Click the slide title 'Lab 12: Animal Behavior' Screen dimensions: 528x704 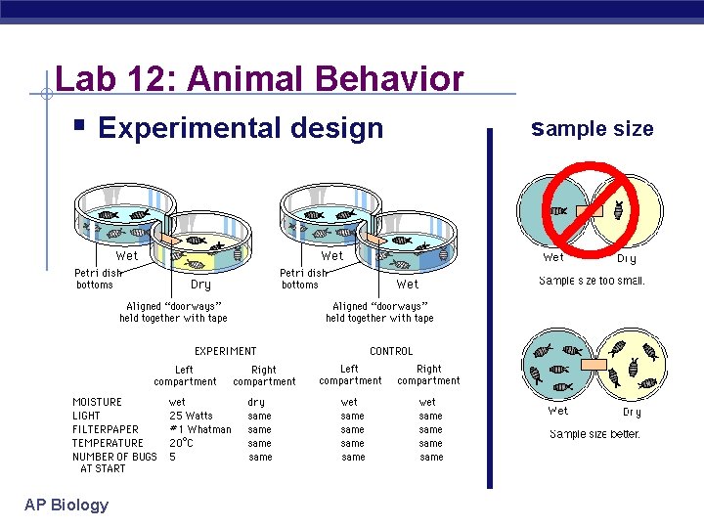(x=259, y=77)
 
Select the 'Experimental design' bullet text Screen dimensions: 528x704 (x=242, y=128)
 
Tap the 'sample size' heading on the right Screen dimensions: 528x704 (x=592, y=128)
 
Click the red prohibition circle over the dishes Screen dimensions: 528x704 (x=592, y=211)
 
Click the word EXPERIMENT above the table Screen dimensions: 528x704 (x=225, y=351)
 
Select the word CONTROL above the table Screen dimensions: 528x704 (x=391, y=351)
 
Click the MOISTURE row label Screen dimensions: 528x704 (x=98, y=402)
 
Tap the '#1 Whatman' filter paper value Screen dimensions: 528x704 (x=200, y=429)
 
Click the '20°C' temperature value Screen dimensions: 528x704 (x=182, y=443)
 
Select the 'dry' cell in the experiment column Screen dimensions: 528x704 (x=256, y=402)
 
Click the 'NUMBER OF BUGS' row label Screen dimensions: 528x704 (x=114, y=457)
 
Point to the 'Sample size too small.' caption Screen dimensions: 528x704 (x=592, y=282)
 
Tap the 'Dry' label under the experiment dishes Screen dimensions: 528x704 (x=200, y=285)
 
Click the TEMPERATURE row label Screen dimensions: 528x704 (x=108, y=443)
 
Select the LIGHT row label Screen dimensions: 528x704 (x=86, y=416)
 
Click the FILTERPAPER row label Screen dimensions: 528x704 (x=106, y=429)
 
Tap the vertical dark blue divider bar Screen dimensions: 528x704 (x=490, y=308)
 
